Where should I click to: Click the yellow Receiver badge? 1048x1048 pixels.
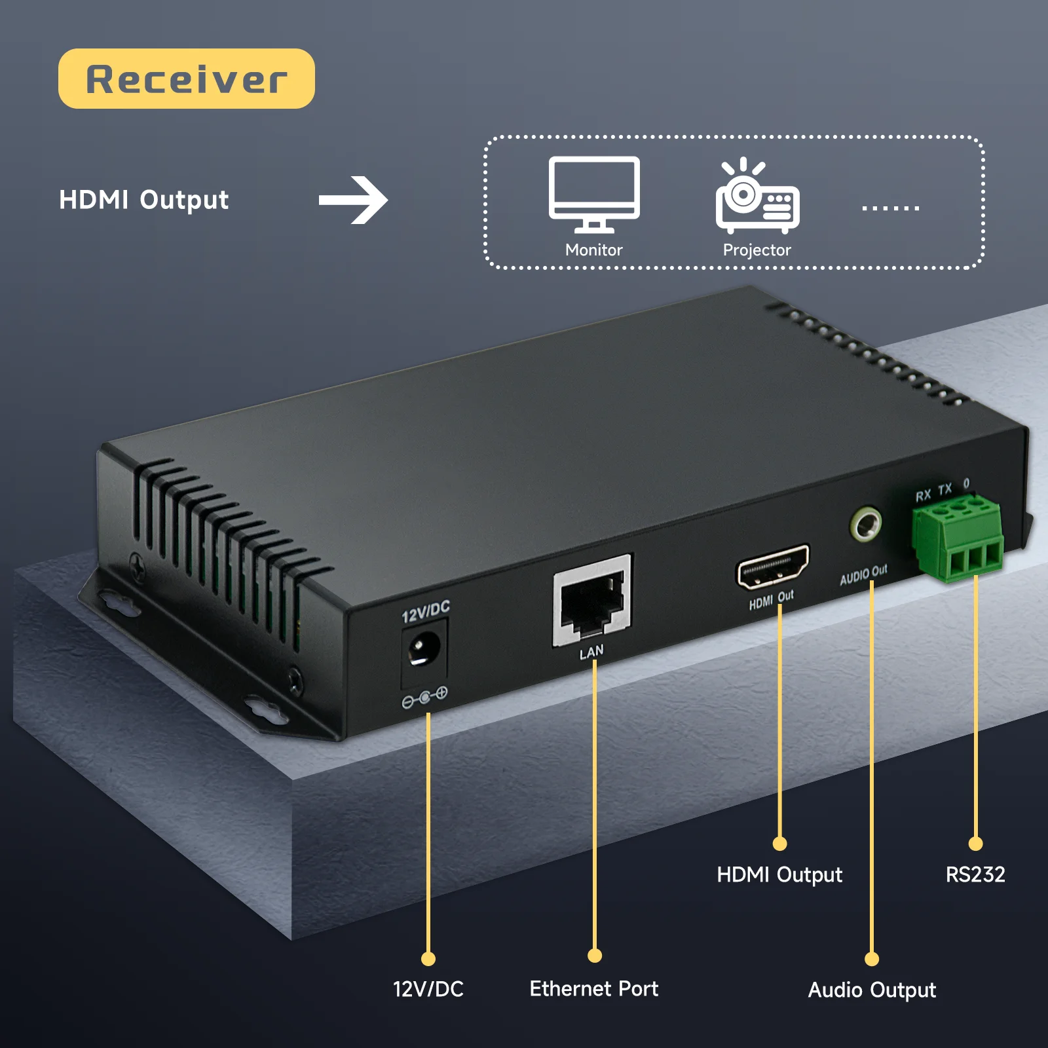[186, 79]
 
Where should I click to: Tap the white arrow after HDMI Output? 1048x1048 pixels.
[354, 200]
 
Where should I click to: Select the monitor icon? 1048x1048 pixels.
[594, 194]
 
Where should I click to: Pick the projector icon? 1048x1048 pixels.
[758, 196]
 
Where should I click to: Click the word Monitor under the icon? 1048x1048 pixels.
[593, 250]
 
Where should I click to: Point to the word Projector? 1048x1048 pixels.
[757, 250]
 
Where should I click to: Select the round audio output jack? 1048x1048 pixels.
[866, 524]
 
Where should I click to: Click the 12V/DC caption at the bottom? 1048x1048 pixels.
[428, 988]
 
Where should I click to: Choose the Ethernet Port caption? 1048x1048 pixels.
[593, 988]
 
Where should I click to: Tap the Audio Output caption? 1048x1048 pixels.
[872, 990]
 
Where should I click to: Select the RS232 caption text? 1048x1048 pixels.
[975, 874]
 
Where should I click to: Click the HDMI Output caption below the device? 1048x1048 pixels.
[779, 874]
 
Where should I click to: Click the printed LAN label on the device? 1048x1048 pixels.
[591, 652]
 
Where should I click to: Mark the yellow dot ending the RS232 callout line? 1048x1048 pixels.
[975, 844]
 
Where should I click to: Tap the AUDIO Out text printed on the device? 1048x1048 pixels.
[863, 574]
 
